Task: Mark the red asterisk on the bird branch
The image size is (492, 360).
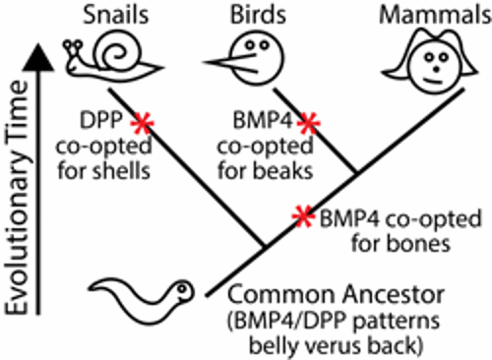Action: coord(309,122)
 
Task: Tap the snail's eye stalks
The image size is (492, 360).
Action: coord(73,44)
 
